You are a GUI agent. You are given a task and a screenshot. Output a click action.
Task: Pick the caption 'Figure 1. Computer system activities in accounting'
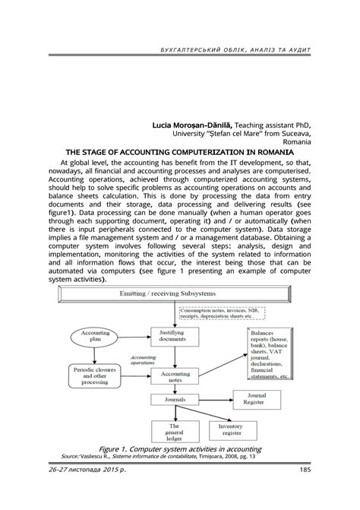(180, 448)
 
